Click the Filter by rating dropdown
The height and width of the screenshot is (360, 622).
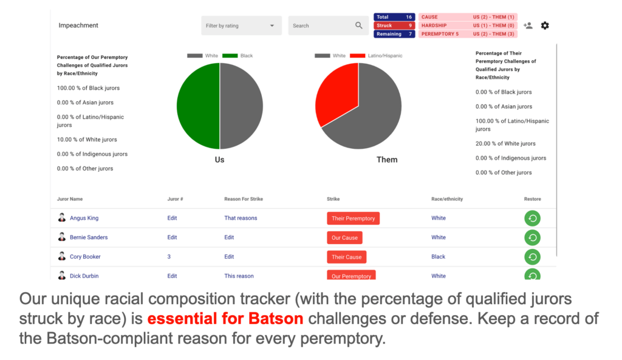(x=241, y=25)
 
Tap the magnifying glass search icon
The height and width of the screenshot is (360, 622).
(x=358, y=25)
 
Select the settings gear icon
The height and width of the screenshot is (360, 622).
(x=545, y=25)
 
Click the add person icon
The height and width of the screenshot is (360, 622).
(x=528, y=25)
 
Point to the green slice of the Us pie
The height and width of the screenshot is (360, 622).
(x=197, y=106)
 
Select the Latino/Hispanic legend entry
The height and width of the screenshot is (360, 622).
(x=377, y=55)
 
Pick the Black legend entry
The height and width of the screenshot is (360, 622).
(x=238, y=55)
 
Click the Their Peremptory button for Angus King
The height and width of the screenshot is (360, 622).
(x=353, y=219)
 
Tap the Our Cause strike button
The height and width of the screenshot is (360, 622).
(x=344, y=238)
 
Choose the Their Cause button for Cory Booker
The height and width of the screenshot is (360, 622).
(x=346, y=257)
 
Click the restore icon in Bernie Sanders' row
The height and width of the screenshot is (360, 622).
(x=532, y=237)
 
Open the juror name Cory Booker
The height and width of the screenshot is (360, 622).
(x=85, y=257)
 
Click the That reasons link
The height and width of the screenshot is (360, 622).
(x=241, y=218)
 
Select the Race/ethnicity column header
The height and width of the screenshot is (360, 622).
(x=447, y=199)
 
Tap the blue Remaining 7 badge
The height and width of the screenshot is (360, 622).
(x=394, y=34)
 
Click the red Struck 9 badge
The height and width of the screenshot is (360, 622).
(x=394, y=25)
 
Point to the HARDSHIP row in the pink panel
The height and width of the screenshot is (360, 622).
(x=468, y=25)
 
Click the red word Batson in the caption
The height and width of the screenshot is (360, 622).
(x=276, y=318)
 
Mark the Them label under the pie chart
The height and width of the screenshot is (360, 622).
(x=387, y=160)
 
